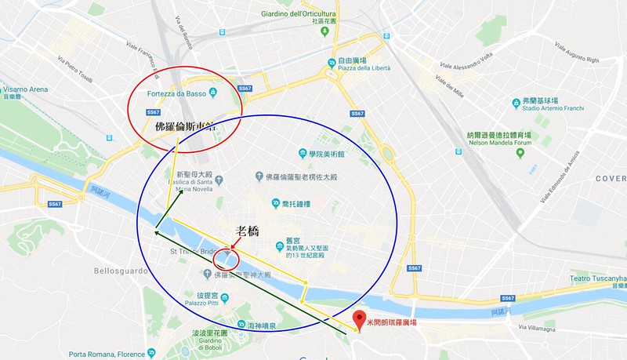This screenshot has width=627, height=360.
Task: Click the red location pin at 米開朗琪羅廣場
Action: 360,319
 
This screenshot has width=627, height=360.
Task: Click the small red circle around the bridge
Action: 226,259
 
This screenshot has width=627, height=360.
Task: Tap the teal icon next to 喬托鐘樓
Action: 275,203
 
